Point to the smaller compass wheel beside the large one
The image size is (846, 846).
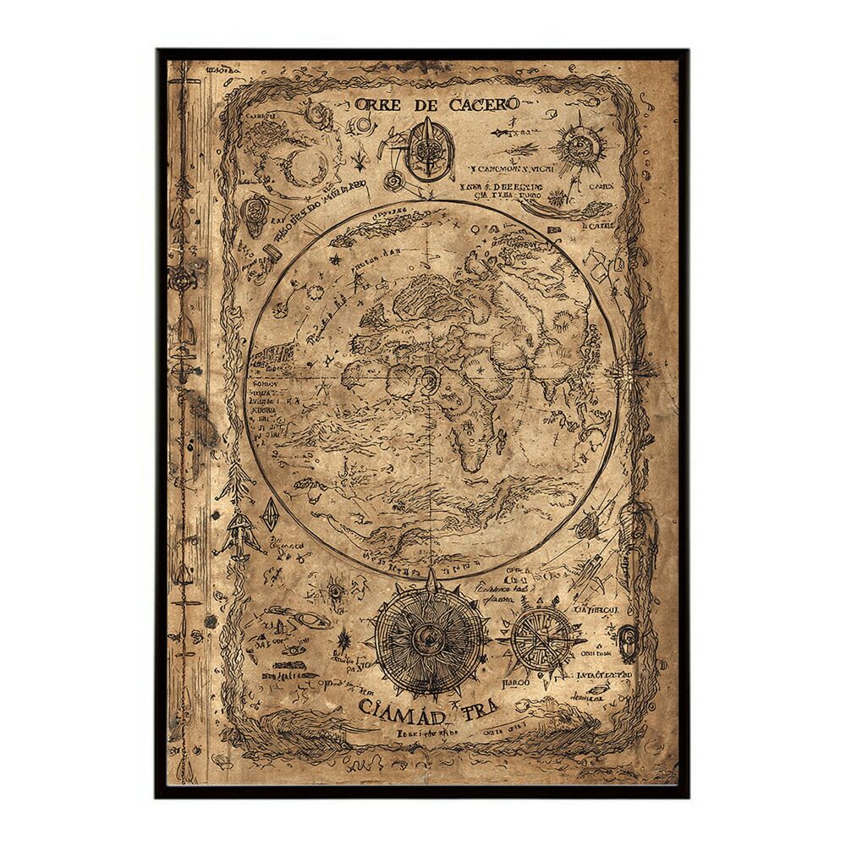click(x=542, y=636)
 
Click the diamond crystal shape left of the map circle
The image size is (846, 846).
click(x=271, y=515)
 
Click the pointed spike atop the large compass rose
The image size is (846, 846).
click(x=432, y=580)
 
